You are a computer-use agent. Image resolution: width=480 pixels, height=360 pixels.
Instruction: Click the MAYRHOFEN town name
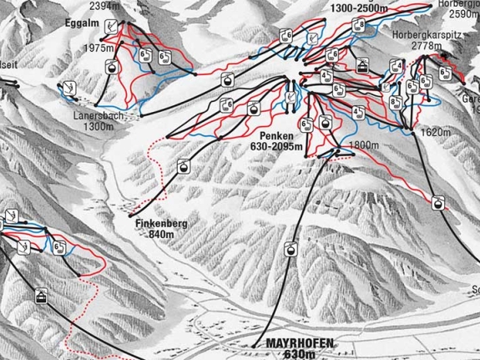(x=288, y=343)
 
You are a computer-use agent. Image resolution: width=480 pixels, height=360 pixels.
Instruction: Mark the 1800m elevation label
(x=363, y=145)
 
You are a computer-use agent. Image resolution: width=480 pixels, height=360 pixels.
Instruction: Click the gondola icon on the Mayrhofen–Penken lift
(x=290, y=249)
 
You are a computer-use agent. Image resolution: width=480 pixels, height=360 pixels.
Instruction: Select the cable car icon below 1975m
(x=109, y=68)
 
